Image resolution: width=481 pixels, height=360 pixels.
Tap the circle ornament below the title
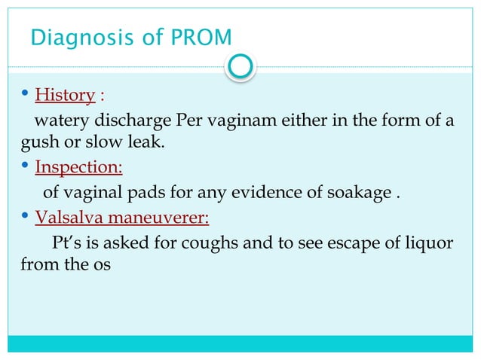tap(240, 67)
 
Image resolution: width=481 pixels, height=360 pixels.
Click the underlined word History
tap(65, 96)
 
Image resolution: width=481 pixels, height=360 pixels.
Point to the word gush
tap(26, 142)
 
